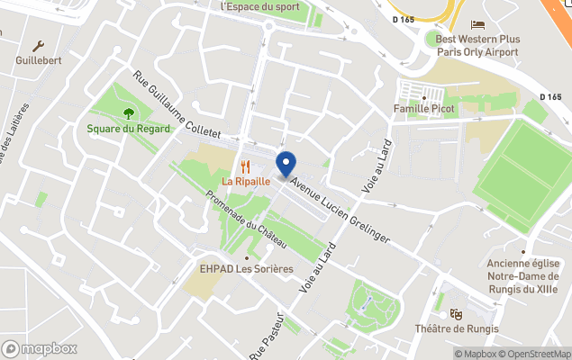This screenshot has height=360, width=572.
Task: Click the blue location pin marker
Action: click(x=286, y=165)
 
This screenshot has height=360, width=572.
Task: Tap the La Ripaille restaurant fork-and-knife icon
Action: click(x=245, y=166)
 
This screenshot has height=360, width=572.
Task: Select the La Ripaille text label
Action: click(x=246, y=181)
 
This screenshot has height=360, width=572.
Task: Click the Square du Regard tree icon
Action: click(x=128, y=113)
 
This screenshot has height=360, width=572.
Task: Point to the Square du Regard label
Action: click(x=128, y=129)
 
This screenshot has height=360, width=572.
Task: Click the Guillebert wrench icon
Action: click(x=39, y=46)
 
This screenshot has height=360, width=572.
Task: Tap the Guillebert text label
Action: click(x=39, y=61)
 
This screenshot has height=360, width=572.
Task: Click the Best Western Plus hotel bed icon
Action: click(x=477, y=24)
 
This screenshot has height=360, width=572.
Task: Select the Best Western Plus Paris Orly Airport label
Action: click(x=477, y=45)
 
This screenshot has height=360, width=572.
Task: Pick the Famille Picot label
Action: click(x=423, y=109)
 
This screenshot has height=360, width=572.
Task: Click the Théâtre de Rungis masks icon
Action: click(x=456, y=314)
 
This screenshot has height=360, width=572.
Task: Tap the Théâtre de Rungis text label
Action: click(x=456, y=329)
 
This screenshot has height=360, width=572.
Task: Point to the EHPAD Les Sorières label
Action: click(x=247, y=268)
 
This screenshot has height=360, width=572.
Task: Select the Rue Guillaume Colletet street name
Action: click(x=177, y=105)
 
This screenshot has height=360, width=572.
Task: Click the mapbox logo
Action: click(x=41, y=348)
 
